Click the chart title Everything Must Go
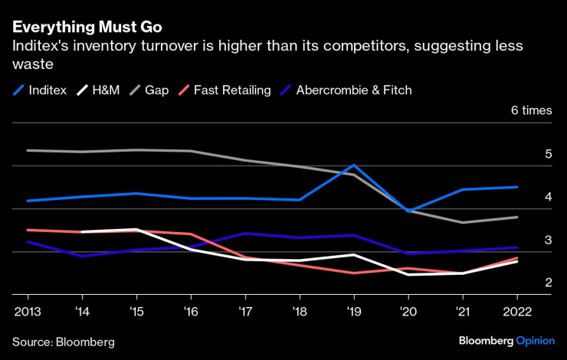pyautogui.click(x=87, y=27)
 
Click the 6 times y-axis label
pyautogui.click(x=531, y=110)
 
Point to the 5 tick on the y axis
pyautogui.click(x=548, y=154)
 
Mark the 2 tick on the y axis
pyautogui.click(x=548, y=283)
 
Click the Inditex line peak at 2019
pyautogui.click(x=352, y=165)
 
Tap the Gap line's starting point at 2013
pyautogui.click(x=28, y=150)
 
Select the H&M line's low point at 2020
pyautogui.click(x=407, y=274)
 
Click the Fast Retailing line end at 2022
pyautogui.click(x=516, y=257)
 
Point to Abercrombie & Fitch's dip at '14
pyautogui.click(x=82, y=256)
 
